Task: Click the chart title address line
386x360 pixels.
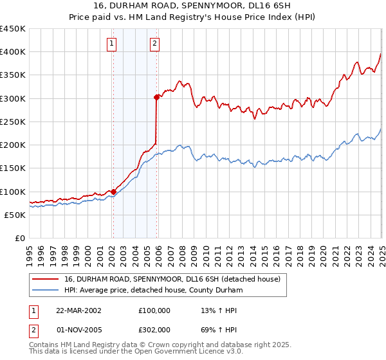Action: [193, 6]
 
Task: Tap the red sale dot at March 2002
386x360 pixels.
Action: [113, 192]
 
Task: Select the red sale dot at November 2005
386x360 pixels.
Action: [156, 98]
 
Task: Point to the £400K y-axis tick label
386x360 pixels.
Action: [13, 52]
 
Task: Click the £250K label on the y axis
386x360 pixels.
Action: [13, 122]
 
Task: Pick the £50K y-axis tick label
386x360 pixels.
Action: [15, 215]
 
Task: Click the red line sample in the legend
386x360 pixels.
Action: [46, 280]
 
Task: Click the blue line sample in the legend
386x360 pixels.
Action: [46, 290]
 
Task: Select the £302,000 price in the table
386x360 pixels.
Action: [154, 330]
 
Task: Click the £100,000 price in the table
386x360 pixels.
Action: [154, 310]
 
